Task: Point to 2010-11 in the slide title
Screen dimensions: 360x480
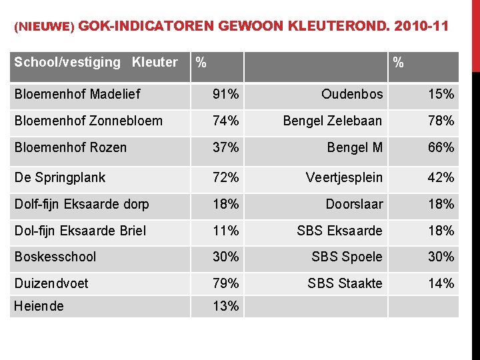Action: tap(421, 27)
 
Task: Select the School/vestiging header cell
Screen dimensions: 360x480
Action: tap(67, 63)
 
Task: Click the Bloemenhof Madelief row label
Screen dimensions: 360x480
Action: tap(77, 94)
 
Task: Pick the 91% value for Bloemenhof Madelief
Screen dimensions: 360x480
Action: tap(226, 95)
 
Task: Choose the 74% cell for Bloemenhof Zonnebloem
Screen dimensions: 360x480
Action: tap(226, 121)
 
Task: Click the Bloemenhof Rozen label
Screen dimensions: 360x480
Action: tap(71, 147)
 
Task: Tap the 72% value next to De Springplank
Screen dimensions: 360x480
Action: tap(226, 177)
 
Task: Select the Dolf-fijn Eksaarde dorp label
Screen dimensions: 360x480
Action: tap(81, 204)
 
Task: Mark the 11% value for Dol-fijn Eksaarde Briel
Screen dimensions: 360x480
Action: tap(226, 231)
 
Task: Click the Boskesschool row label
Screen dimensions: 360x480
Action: tap(55, 257)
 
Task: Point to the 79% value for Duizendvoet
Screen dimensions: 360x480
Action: tap(226, 283)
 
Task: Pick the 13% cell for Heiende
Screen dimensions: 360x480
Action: tap(226, 306)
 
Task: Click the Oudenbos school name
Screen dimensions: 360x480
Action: tap(352, 95)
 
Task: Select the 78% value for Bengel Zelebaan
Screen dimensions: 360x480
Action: tap(441, 121)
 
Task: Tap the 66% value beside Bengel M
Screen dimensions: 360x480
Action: tap(441, 147)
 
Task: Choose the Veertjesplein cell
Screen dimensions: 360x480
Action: tap(344, 177)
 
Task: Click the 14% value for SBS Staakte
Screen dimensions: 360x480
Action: tap(441, 283)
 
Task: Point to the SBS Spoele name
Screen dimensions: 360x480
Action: tap(347, 257)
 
